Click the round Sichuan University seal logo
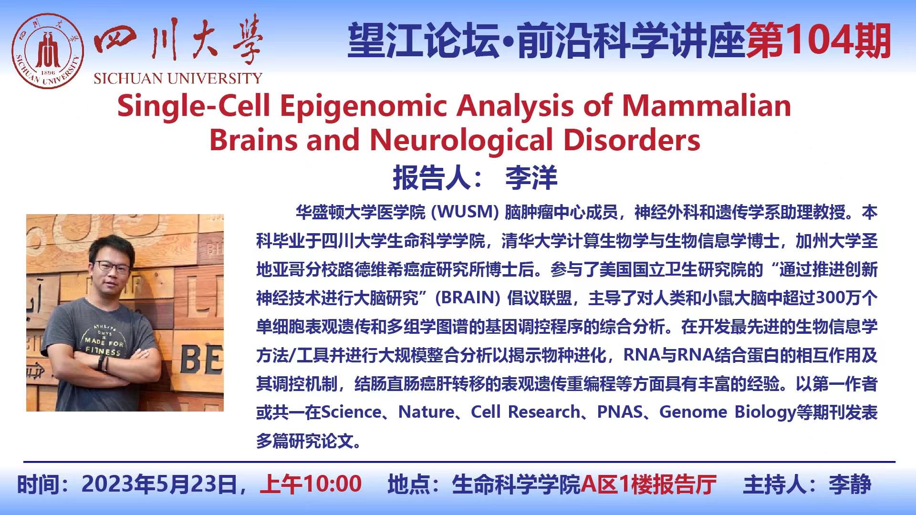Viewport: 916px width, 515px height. [x=48, y=51]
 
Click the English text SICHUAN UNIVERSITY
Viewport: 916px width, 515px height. [x=178, y=78]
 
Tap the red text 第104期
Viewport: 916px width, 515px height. [x=819, y=41]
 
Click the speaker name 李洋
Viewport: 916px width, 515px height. [x=531, y=178]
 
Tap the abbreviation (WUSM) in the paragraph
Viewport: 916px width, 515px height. [x=465, y=212]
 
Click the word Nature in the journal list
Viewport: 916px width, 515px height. [x=426, y=412]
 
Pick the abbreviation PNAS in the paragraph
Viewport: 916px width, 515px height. [x=620, y=412]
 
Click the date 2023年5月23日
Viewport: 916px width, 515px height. [x=159, y=484]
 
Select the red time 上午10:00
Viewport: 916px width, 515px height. [x=311, y=484]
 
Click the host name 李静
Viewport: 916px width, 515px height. [x=850, y=484]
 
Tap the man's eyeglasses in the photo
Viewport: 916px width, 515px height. [x=112, y=266]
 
